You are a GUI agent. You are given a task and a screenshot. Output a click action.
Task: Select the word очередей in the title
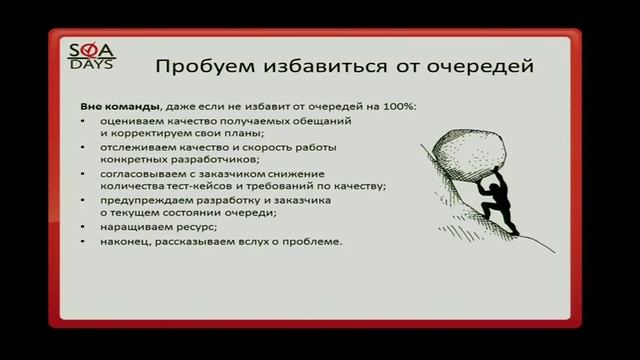486,67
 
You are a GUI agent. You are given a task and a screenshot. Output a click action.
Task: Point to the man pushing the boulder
507,205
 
